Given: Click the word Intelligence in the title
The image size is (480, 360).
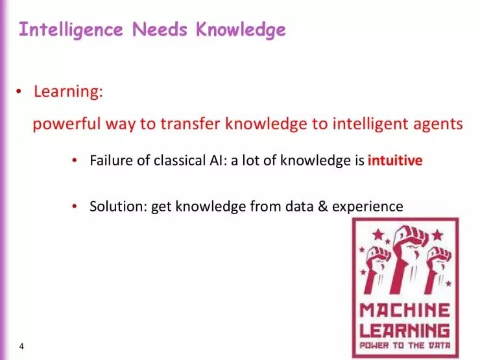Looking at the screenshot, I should [x=71, y=30].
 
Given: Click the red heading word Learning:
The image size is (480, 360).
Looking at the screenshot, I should [x=68, y=92].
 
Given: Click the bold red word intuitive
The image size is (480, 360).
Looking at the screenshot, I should [x=394, y=160].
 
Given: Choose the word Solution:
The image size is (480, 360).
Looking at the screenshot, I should [x=117, y=206].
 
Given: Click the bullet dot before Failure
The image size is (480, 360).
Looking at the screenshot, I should [x=75, y=161].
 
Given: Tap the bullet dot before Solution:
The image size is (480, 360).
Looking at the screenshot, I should [x=75, y=207].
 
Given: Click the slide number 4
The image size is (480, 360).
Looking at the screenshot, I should [x=21, y=346].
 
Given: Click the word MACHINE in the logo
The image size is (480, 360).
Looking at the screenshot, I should [x=405, y=309].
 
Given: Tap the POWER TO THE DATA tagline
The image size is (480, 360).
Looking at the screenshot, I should [x=405, y=345].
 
